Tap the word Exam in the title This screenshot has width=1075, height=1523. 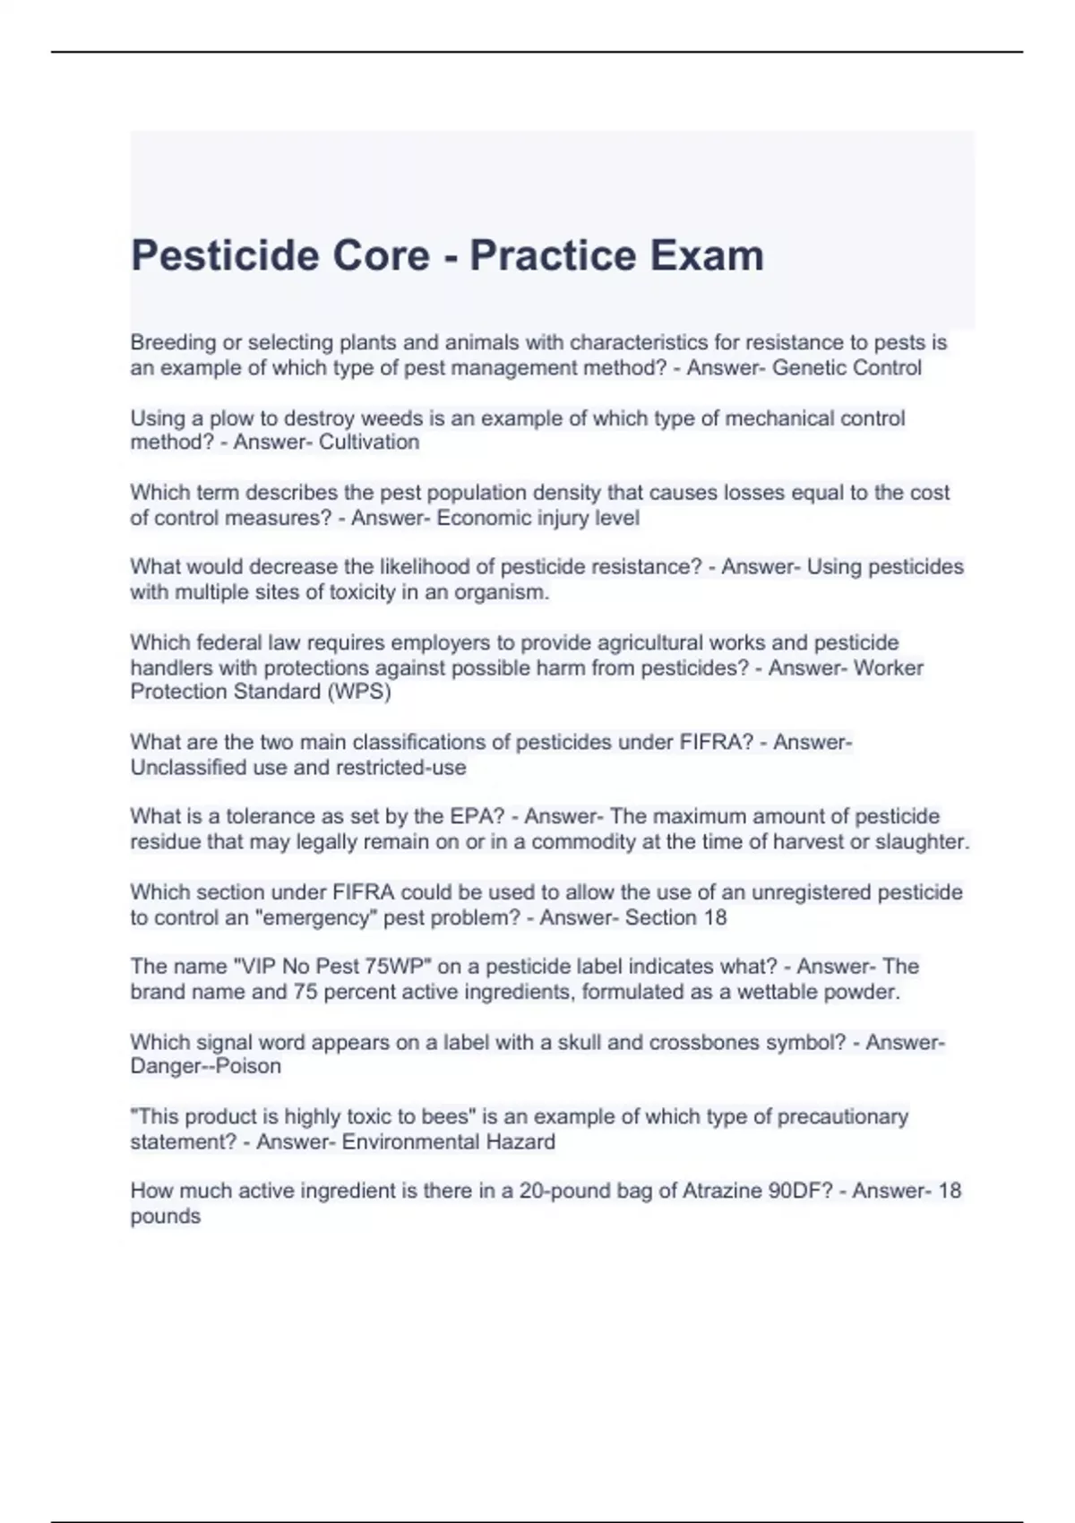(707, 256)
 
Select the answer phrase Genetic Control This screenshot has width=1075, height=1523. (847, 368)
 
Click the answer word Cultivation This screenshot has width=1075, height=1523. (369, 443)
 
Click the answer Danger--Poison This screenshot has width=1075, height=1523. (206, 1067)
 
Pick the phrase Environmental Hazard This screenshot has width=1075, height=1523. (448, 1142)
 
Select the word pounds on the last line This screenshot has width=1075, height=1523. (166, 1217)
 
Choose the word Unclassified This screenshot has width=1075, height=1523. (187, 768)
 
